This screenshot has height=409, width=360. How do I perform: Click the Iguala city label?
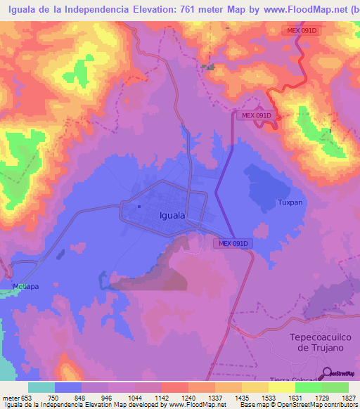coord(172,216)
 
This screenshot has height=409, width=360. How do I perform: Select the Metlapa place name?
coord(26,286)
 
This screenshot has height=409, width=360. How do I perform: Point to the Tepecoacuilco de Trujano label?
coord(320,342)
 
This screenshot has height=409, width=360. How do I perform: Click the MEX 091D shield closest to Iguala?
coord(232,243)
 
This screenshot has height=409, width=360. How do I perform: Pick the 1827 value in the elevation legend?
coord(349,397)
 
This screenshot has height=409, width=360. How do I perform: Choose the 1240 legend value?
coord(188,397)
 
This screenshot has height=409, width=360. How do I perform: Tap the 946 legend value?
coord(108,397)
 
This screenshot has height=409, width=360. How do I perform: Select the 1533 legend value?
coord(269,397)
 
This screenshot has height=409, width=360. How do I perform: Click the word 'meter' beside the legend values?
coord(9,397)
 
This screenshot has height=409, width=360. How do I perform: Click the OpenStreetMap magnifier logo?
coord(331,374)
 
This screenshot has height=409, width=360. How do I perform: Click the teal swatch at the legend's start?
coord(41,387)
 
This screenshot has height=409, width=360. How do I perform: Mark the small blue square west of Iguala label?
coord(139,207)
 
